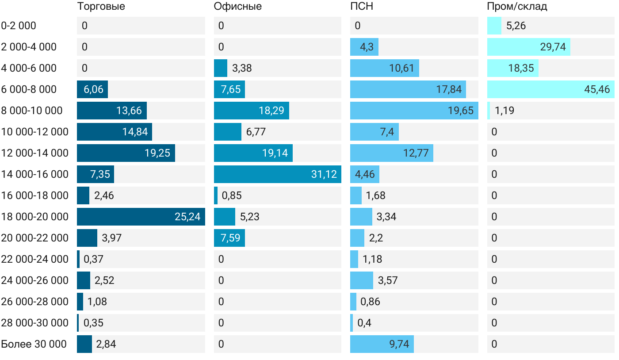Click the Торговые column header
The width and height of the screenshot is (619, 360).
pyautogui.click(x=101, y=7)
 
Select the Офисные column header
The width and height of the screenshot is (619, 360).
pyautogui.click(x=237, y=7)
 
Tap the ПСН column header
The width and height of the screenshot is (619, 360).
pyautogui.click(x=359, y=7)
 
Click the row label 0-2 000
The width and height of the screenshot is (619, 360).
pyautogui.click(x=19, y=26)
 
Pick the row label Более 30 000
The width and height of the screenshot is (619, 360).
pyautogui.click(x=34, y=344)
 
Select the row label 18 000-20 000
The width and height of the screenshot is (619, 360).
pyautogui.click(x=35, y=217)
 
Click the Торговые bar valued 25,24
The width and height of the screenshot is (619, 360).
pyautogui.click(x=141, y=217)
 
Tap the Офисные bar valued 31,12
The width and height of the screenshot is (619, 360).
pyautogui.click(x=277, y=174)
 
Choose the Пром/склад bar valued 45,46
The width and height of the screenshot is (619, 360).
pyautogui.click(x=550, y=89)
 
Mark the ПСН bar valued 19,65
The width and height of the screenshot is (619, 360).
pyautogui.click(x=414, y=111)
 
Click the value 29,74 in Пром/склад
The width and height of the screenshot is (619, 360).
pyautogui.click(x=553, y=47)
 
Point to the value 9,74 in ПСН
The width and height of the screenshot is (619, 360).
pyautogui.click(x=399, y=344)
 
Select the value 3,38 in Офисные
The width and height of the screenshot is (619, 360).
pyautogui.click(x=242, y=68)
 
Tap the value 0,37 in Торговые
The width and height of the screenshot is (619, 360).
pyautogui.click(x=93, y=259)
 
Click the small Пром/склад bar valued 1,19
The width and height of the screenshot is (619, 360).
pyautogui.click(x=489, y=111)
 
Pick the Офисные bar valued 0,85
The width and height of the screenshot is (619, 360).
pyautogui.click(x=216, y=195)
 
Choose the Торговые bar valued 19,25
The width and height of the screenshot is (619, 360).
pyautogui.click(x=126, y=153)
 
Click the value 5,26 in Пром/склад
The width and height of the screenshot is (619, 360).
pyautogui.click(x=516, y=26)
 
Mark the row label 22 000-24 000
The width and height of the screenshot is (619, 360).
pyautogui.click(x=35, y=259)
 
